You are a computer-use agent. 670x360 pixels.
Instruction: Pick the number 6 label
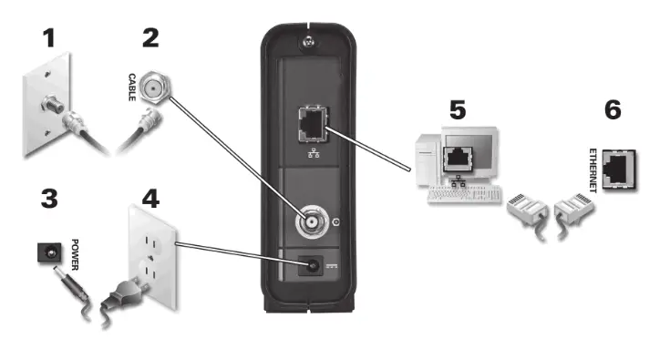pyautogui.click(x=613, y=110)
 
